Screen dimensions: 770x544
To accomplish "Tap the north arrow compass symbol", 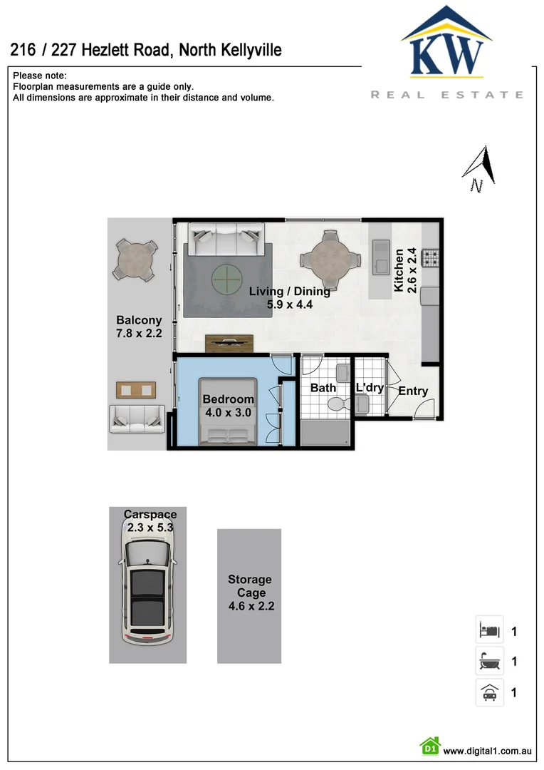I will [479, 168].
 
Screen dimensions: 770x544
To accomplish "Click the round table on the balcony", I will [135, 261].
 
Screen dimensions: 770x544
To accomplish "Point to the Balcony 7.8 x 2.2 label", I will [140, 327].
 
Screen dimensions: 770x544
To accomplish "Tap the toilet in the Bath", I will [336, 404].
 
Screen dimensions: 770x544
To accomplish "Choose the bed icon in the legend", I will [489, 630].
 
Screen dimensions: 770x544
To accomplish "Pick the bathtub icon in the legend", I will [489, 662].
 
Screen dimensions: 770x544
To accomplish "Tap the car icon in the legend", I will [489, 692].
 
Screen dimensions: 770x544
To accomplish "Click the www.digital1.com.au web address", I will [488, 751].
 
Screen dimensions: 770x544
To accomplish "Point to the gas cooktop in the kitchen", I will [431, 256].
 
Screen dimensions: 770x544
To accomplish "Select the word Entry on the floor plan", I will [413, 391].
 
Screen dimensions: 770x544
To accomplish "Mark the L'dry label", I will [370, 388].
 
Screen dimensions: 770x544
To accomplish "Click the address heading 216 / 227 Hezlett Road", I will [146, 50].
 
